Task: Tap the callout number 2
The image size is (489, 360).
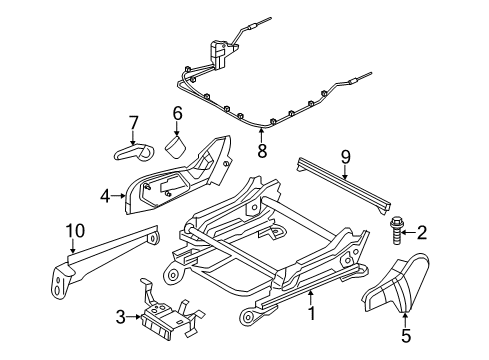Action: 421,233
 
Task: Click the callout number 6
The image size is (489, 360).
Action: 177,115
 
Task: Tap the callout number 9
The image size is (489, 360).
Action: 345,156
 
